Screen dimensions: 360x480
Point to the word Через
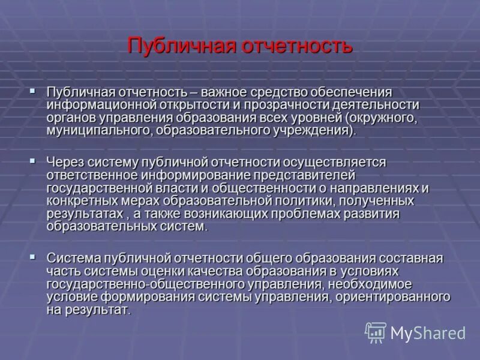pyautogui.click(x=65, y=162)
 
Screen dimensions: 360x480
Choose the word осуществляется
pyautogui.click(x=340, y=162)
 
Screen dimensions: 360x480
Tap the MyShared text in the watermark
pyautogui.click(x=428, y=332)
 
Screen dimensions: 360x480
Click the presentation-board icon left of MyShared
pyautogui.click(x=376, y=332)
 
